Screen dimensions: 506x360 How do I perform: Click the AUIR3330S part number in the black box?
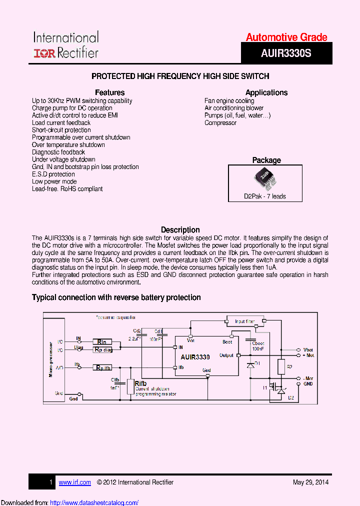pos(286,52)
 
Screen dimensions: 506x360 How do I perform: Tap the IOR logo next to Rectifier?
pos(44,53)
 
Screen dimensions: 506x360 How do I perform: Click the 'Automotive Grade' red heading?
pos(286,37)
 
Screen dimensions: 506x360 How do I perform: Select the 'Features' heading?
pos(109,92)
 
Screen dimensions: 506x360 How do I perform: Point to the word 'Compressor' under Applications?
pos(220,122)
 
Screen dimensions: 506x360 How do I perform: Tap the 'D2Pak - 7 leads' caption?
pos(265,196)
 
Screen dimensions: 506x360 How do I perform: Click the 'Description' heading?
pos(180,230)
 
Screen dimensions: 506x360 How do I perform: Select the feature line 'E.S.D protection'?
pos(53,174)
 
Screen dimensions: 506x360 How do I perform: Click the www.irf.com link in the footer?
pos(75,482)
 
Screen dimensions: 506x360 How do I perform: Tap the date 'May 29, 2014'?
pos(310,482)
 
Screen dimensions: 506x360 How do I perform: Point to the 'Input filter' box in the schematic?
pos(244,321)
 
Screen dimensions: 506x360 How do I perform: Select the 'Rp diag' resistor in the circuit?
pos(102,350)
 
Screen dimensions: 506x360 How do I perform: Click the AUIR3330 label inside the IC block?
pos(195,357)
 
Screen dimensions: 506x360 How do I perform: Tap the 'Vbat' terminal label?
pos(308,349)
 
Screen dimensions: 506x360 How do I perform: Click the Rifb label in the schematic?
pos(140,383)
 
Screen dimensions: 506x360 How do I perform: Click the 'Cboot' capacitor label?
pos(258,343)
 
